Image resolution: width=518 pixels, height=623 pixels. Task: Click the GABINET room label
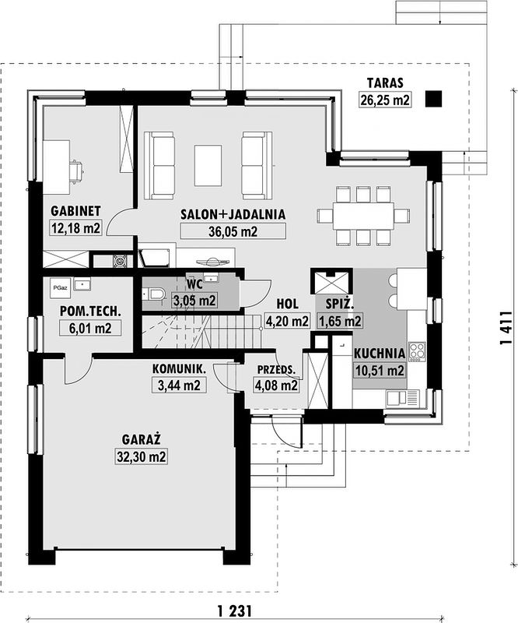[x=75, y=211]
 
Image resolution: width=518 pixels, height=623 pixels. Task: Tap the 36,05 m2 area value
[x=233, y=231]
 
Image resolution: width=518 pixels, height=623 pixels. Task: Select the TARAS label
[x=385, y=83]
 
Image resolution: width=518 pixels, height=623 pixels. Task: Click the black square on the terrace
[x=433, y=99]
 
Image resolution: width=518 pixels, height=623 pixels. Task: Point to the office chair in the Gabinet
[x=76, y=171]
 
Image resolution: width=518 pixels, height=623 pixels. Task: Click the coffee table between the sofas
[x=208, y=165]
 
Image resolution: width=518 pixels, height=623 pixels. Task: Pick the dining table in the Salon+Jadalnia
[x=363, y=216]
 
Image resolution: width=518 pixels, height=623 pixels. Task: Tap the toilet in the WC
[x=154, y=294]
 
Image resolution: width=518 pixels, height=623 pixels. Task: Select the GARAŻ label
[x=141, y=439]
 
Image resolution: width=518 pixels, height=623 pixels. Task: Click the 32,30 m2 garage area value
[x=142, y=456]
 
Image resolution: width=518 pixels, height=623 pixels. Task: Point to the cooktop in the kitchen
[x=417, y=352]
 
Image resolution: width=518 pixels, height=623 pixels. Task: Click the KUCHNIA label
[x=380, y=354]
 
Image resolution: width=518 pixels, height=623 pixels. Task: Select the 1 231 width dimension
[x=235, y=611]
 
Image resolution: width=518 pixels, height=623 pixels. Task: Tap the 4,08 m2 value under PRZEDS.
[x=276, y=385]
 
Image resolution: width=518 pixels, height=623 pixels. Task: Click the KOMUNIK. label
[x=180, y=369]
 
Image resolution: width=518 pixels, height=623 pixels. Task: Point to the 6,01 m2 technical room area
[x=90, y=329]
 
